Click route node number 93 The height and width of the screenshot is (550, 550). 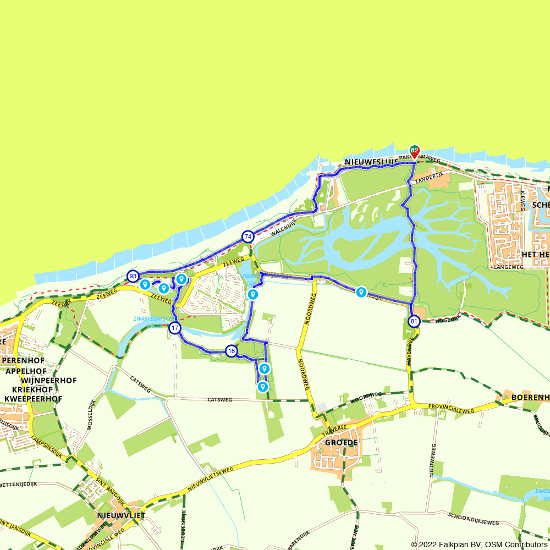pyautogui.click(x=133, y=276)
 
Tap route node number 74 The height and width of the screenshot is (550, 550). pyautogui.click(x=248, y=237)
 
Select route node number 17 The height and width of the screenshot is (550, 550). pyautogui.click(x=175, y=328)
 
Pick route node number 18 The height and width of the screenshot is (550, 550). pyautogui.click(x=232, y=351)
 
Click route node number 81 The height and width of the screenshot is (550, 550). pyautogui.click(x=414, y=321)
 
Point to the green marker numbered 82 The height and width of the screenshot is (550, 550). pyautogui.click(x=414, y=150)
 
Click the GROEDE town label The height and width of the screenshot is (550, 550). pyautogui.click(x=341, y=442)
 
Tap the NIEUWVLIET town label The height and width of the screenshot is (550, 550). pyautogui.click(x=120, y=515)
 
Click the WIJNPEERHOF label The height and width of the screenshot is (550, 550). pyautogui.click(x=49, y=381)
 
